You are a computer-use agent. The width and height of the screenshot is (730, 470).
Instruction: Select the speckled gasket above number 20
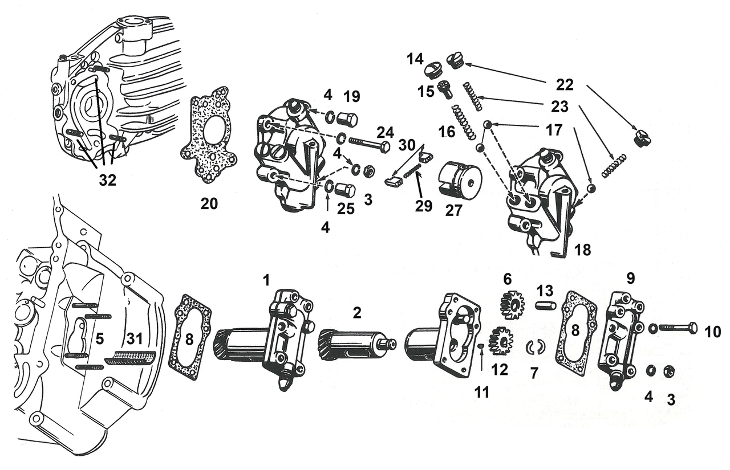click(x=209, y=135)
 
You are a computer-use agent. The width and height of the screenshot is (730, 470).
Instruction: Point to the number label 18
click(x=583, y=250)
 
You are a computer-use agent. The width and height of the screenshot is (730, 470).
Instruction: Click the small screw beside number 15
click(x=445, y=89)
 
